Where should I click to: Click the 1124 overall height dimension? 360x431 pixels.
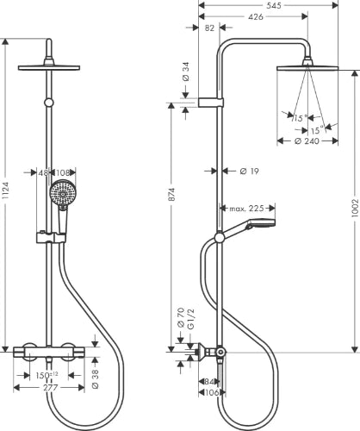(6, 191)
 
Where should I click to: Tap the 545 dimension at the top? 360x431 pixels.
(273, 5)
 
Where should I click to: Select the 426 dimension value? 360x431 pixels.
(256, 16)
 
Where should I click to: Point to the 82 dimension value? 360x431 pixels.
(210, 28)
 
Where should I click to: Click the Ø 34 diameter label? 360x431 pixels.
(186, 72)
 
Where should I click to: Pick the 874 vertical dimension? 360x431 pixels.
(171, 194)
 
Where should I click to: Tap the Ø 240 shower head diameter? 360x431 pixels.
(307, 141)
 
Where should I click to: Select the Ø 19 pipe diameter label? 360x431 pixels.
(249, 172)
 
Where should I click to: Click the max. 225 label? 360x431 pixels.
(246, 208)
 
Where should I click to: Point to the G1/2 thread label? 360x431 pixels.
(190, 319)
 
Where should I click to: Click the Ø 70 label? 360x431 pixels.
(181, 317)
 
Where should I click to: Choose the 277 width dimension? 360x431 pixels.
(51, 388)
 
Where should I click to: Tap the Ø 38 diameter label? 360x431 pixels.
(96, 379)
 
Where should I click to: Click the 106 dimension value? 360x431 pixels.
(213, 392)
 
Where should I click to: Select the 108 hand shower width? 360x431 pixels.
(63, 172)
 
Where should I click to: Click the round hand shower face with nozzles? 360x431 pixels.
(61, 192)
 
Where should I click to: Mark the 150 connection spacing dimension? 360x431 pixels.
(47, 375)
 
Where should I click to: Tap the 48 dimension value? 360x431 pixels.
(43, 172)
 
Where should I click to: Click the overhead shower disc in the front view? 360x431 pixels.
(49, 68)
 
